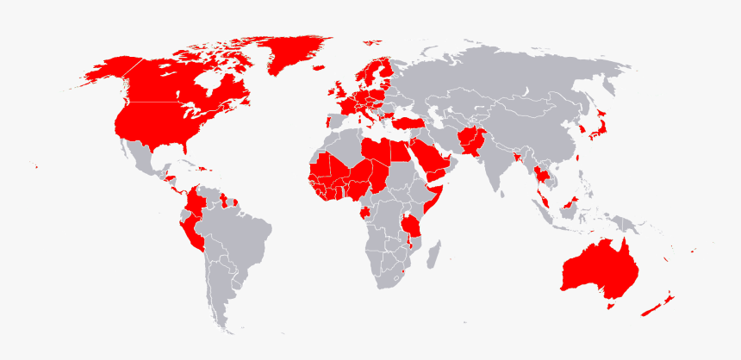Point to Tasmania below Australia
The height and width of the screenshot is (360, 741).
click(610, 304)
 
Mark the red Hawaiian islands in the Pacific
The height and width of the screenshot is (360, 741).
click(37, 166)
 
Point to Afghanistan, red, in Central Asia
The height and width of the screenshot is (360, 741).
click(470, 138)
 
